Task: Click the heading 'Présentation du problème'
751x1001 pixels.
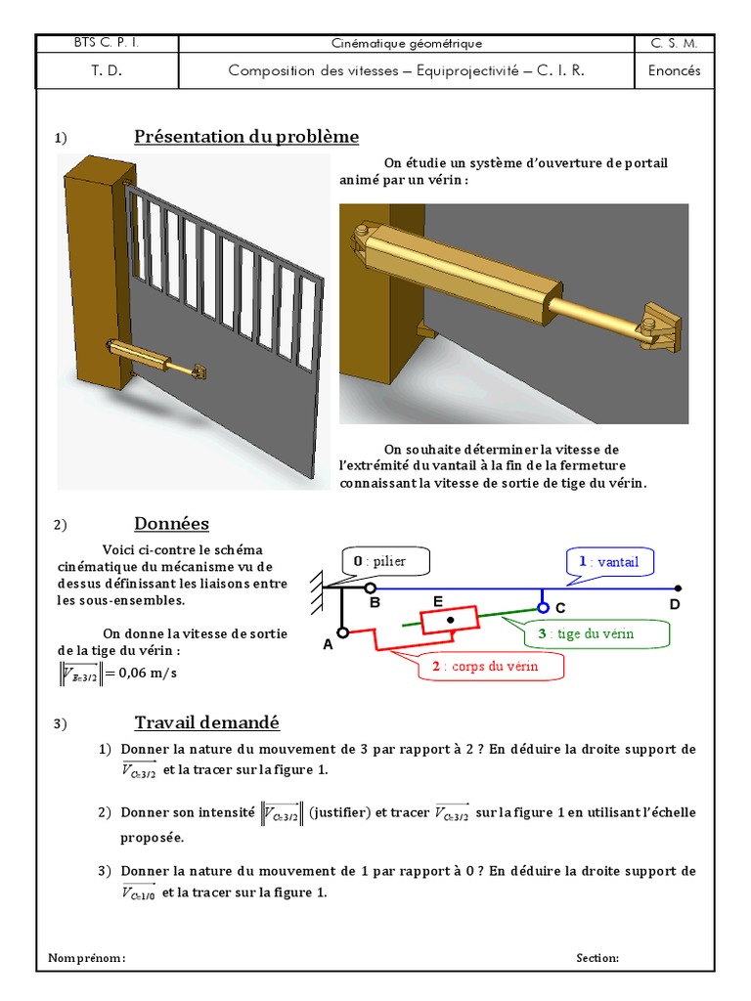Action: point(246,137)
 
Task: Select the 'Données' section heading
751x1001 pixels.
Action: point(171,524)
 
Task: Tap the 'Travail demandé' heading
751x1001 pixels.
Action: point(206,723)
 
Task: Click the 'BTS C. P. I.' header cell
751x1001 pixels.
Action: point(108,43)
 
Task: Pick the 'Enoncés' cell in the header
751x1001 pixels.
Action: point(674,70)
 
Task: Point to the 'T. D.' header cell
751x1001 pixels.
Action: point(108,70)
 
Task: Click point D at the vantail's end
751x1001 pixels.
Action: point(679,588)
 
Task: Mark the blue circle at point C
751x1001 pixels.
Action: point(543,607)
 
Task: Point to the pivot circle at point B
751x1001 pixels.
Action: point(370,588)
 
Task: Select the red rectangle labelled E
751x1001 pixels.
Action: point(450,620)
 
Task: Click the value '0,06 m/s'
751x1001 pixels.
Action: point(152,674)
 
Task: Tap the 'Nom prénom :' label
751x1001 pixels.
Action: point(87,958)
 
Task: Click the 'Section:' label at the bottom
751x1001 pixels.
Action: point(597,958)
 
